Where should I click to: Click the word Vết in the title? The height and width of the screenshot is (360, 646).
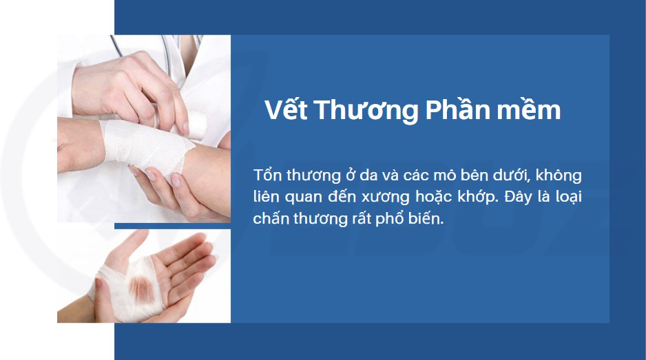tap(286, 109)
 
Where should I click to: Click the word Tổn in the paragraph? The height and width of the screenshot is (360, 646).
tap(267, 175)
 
